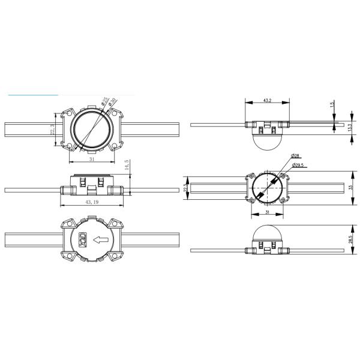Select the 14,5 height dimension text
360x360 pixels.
pyautogui.click(x=127, y=166)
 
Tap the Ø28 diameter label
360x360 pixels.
pyautogui.click(x=296, y=156)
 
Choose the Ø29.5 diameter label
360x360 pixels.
pyautogui.click(x=299, y=165)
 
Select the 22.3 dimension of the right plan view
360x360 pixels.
pyautogui.click(x=186, y=188)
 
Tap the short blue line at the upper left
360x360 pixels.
pyautogui.click(x=33, y=95)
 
